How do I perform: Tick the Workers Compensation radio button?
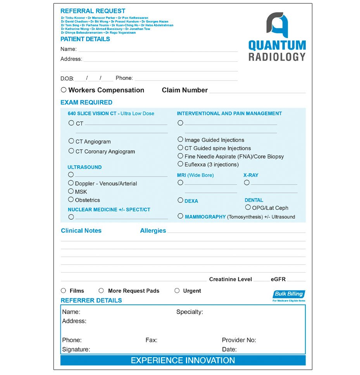[64, 90]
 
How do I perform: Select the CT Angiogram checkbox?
[71, 141]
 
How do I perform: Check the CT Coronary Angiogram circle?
[71, 151]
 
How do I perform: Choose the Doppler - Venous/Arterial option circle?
[71, 183]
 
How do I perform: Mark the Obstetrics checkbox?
[71, 200]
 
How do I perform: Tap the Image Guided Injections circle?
[181, 139]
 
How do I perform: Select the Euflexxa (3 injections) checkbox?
[181, 164]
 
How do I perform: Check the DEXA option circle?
[181, 200]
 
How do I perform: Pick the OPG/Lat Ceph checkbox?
[248, 207]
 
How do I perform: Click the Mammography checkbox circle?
[181, 216]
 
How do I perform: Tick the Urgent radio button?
[177, 290]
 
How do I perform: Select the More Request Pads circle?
[101, 290]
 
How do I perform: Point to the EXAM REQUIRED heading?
[86, 102]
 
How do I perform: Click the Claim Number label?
[185, 90]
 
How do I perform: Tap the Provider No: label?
[239, 340]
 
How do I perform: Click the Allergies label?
[153, 231]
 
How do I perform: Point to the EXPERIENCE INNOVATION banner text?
[183, 360]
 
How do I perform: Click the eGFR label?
[278, 279]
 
